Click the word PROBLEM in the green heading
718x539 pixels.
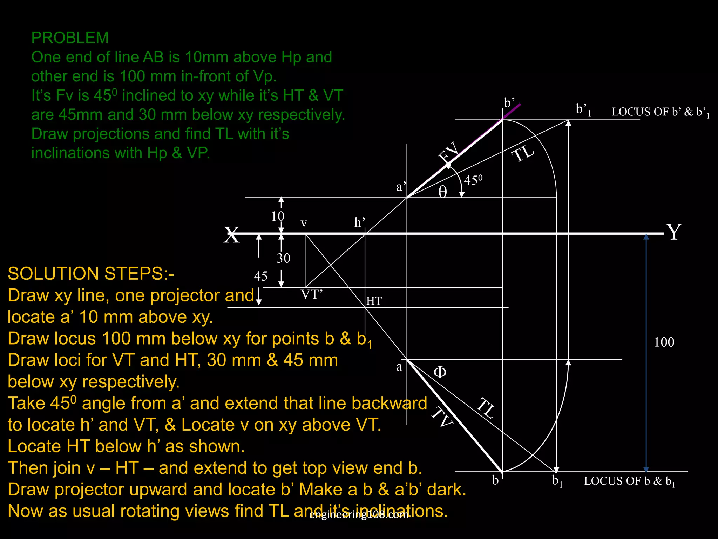click(x=70, y=38)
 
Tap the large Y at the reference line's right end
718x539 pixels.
click(x=674, y=232)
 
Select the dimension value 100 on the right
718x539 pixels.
click(x=664, y=342)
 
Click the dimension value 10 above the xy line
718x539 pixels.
click(x=278, y=216)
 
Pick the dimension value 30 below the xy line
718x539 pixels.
click(x=283, y=258)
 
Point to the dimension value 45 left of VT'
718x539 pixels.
click(x=260, y=276)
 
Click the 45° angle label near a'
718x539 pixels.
click(x=473, y=180)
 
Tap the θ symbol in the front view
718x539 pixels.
click(x=443, y=192)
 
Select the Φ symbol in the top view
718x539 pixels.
click(x=440, y=372)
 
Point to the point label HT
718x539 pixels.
click(x=374, y=301)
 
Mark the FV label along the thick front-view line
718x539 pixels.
click(x=449, y=152)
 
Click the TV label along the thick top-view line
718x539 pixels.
click(x=442, y=418)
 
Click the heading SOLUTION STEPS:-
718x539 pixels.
click(x=91, y=274)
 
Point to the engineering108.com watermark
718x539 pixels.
click(x=359, y=515)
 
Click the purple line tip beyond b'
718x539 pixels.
click(x=519, y=105)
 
